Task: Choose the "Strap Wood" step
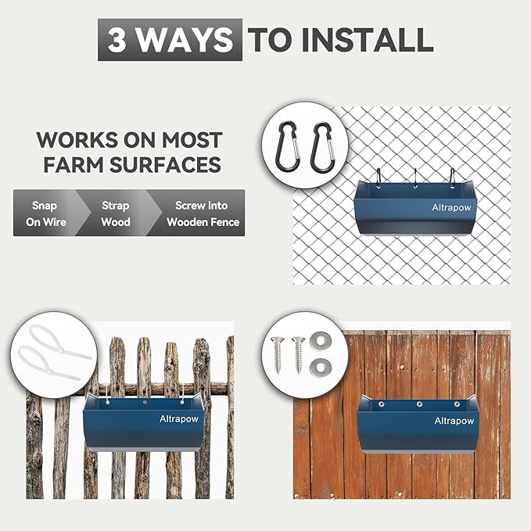pyautogui.click(x=114, y=213)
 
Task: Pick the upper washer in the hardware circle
pyautogui.click(x=319, y=340)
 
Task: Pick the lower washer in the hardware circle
pyautogui.click(x=319, y=366)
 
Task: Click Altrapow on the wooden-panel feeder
pyautogui.click(x=454, y=422)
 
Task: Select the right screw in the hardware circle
pyautogui.click(x=298, y=353)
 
